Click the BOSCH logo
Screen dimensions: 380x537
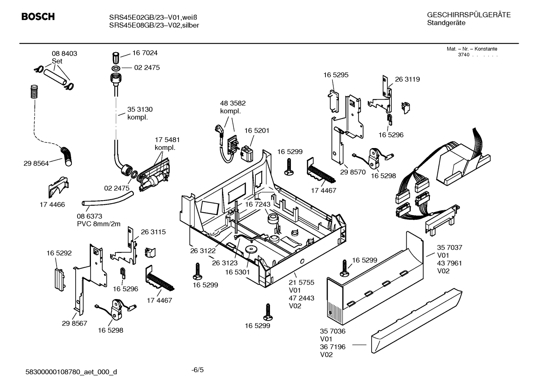38,17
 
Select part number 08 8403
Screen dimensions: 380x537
64,54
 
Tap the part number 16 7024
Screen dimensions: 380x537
145,53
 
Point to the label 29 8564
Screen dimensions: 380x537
36,163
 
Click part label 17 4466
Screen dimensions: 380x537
52,204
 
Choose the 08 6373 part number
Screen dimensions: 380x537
89,216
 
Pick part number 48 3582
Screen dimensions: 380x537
233,103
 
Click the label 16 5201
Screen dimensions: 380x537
257,131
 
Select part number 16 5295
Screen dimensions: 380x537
336,75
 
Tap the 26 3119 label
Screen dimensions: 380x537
407,79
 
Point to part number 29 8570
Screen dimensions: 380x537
353,172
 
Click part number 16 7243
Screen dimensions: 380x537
257,204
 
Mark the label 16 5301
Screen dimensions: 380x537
237,272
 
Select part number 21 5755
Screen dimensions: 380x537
301,282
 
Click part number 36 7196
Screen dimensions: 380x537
333,347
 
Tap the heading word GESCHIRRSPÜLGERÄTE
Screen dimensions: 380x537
468,15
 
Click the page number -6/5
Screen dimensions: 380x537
197,370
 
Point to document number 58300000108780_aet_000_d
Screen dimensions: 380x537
71,372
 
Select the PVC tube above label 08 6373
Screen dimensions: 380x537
107,198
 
